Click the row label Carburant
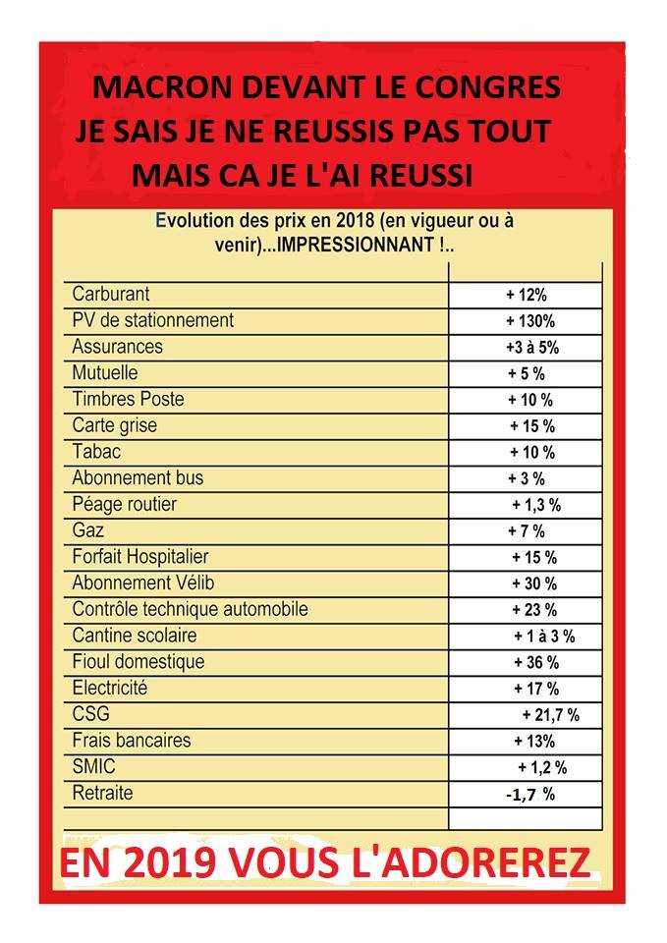click(x=111, y=294)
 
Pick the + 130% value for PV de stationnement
click(x=530, y=320)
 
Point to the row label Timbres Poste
click(x=128, y=400)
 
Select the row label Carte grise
click(x=114, y=426)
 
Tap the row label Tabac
click(x=97, y=453)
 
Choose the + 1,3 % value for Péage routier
click(x=536, y=505)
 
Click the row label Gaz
click(x=88, y=531)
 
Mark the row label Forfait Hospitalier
click(x=140, y=557)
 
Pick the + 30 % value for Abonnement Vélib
click(x=534, y=583)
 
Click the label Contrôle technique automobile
click(x=190, y=609)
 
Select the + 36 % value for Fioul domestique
click(x=535, y=662)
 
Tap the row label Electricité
click(x=110, y=688)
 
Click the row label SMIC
click(x=93, y=766)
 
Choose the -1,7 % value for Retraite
click(x=530, y=794)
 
